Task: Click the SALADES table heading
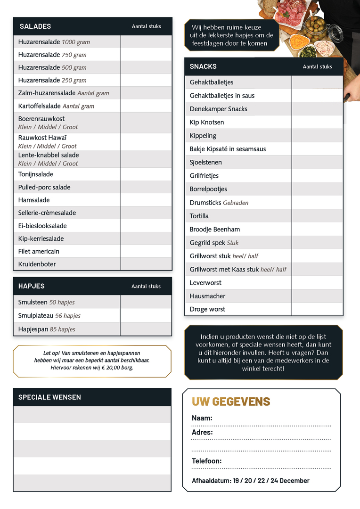click(35, 26)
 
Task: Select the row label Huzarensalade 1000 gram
click(54, 42)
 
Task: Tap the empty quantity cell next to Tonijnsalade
click(146, 174)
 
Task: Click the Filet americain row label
click(39, 251)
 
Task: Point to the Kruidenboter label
click(37, 264)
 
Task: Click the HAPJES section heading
click(32, 286)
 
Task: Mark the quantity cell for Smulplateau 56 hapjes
click(146, 316)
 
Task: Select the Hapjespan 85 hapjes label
click(47, 329)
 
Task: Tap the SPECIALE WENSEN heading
click(49, 397)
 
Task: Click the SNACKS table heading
click(203, 66)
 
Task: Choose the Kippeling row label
click(203, 136)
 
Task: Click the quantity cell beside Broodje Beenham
click(317, 230)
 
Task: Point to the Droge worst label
click(207, 309)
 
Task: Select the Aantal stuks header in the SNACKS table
click(317, 67)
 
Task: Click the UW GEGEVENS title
click(231, 402)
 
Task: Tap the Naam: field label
click(202, 418)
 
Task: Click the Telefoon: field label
click(206, 461)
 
